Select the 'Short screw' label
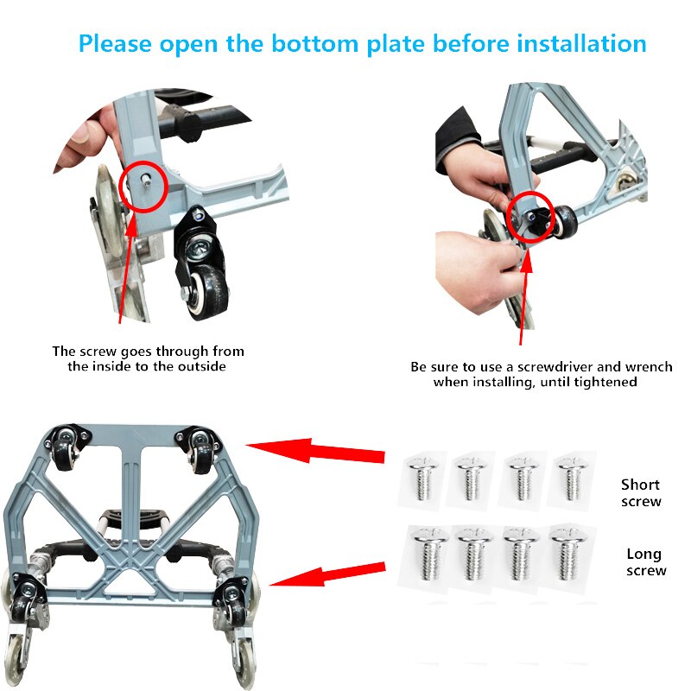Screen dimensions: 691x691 (x=640, y=492)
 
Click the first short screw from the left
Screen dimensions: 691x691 (x=422, y=479)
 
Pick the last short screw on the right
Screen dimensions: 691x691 (x=569, y=478)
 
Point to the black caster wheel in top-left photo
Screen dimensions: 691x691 (x=205, y=268)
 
